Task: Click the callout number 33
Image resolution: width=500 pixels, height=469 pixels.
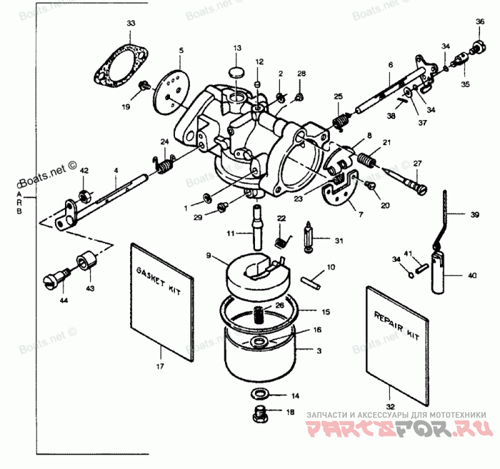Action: (x=130, y=23)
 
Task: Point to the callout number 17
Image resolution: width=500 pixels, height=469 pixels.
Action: (x=161, y=367)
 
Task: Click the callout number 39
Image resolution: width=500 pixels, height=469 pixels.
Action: (x=476, y=214)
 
